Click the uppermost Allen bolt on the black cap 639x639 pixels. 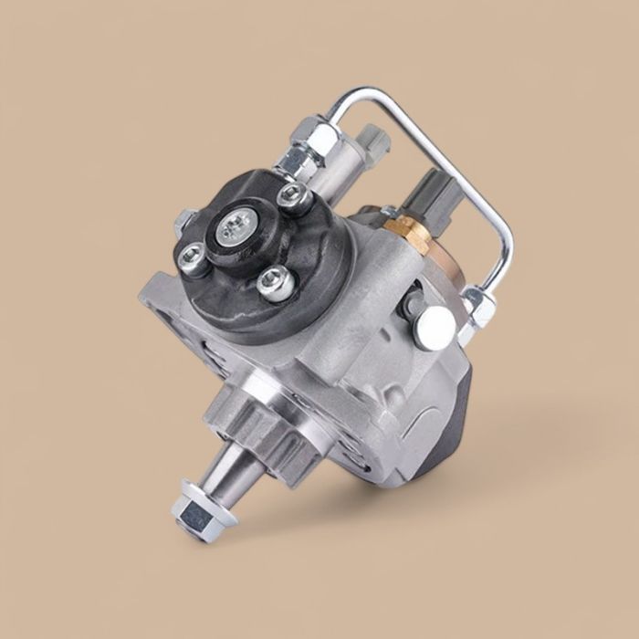(291, 194)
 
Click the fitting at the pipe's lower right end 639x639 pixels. (477, 307)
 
